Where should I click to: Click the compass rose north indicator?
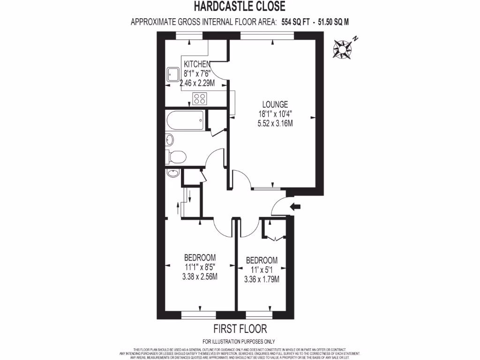(x=344, y=47)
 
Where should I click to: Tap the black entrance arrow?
(x=297, y=207)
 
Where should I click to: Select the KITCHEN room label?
(x=197, y=64)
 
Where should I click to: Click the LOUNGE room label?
(x=275, y=105)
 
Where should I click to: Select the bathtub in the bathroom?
(x=185, y=120)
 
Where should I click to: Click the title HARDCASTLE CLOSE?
(x=239, y=7)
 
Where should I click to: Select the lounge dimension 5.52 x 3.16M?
(x=275, y=124)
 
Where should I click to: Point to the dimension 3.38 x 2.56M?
(x=200, y=277)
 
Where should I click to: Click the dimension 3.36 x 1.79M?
(x=262, y=279)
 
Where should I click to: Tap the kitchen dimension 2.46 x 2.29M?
(x=197, y=83)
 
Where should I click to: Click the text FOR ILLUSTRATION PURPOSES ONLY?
(x=239, y=342)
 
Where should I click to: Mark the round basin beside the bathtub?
(x=169, y=139)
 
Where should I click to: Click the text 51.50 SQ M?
(x=334, y=22)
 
